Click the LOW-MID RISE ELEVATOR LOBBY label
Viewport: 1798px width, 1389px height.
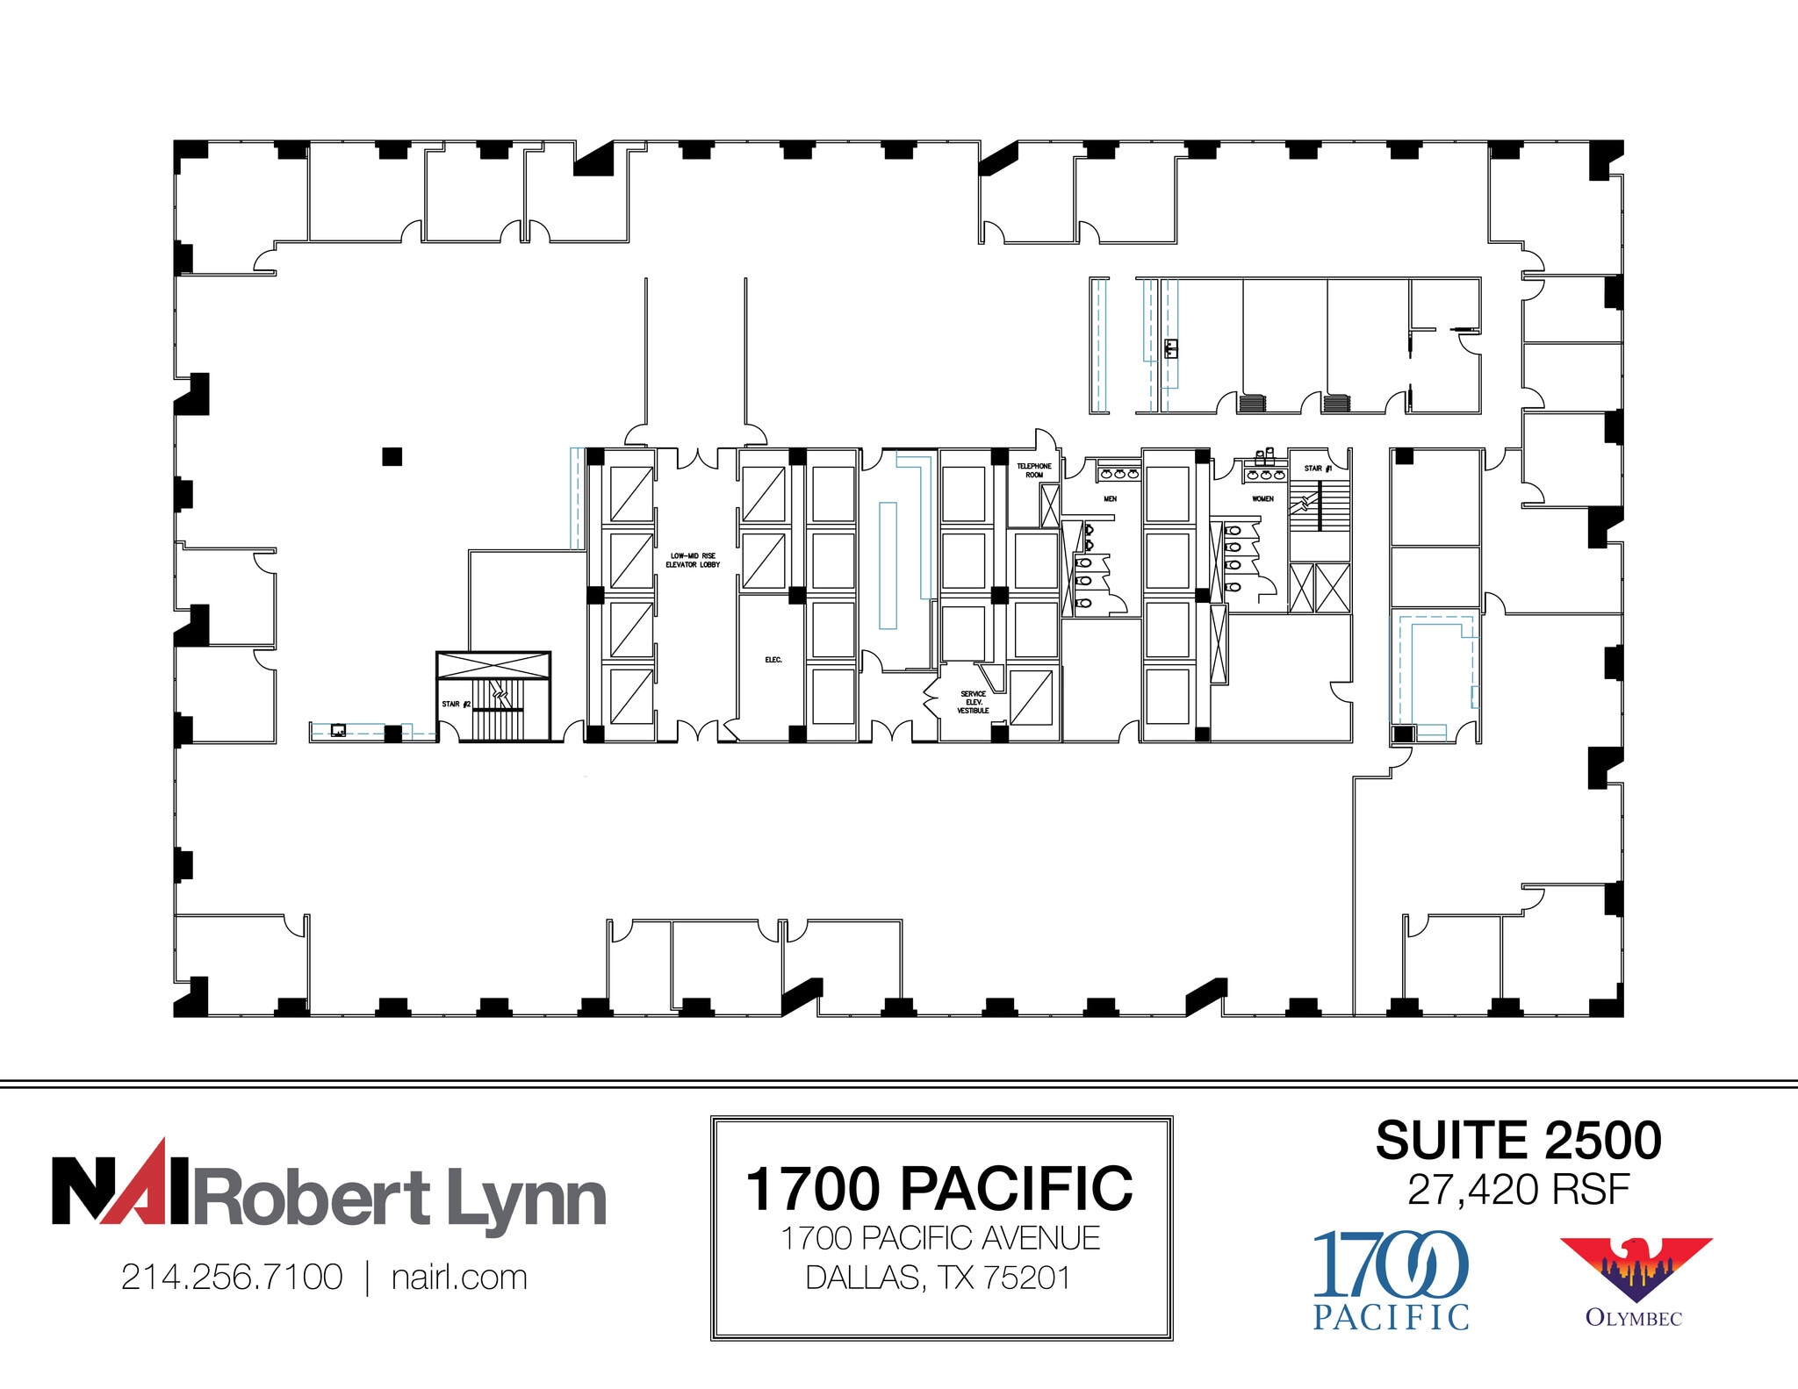(693, 560)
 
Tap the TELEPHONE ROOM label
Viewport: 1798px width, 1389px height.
(1034, 470)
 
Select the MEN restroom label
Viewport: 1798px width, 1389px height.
(1110, 498)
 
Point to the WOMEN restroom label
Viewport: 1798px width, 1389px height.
(1262, 498)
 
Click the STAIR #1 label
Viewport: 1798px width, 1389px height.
(1317, 469)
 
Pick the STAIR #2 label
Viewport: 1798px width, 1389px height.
(456, 704)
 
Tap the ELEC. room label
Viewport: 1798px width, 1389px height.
(773, 660)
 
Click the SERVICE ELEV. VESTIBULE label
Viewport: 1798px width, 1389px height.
(973, 702)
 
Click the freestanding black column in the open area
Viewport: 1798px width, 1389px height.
(392, 456)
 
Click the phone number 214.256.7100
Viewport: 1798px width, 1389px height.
(232, 1278)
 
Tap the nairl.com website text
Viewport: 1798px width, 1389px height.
(459, 1278)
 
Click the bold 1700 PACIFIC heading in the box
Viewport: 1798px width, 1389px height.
(939, 1189)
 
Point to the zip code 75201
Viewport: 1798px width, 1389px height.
(1027, 1278)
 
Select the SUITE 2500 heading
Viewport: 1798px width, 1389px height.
(1518, 1141)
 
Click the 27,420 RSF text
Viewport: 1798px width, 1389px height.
(1518, 1190)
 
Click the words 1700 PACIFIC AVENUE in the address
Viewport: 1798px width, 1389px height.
(939, 1238)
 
